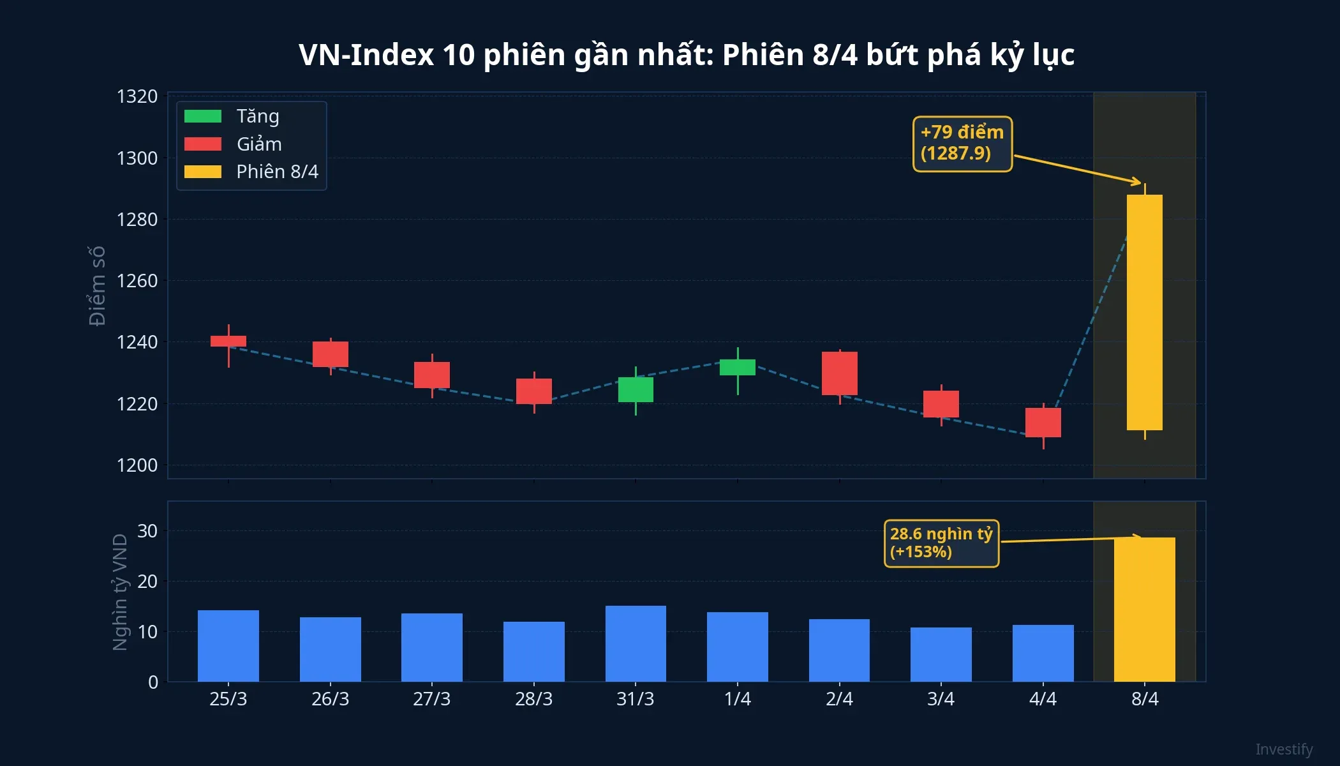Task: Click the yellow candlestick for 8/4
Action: pyautogui.click(x=1144, y=313)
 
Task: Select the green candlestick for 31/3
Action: pyautogui.click(x=636, y=389)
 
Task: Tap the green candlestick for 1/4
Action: pyautogui.click(x=738, y=367)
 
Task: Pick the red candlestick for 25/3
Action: pyautogui.click(x=228, y=341)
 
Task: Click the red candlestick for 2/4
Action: pyautogui.click(x=839, y=373)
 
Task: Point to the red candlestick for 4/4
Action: pyautogui.click(x=1043, y=422)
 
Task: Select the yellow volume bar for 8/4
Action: pyautogui.click(x=1144, y=610)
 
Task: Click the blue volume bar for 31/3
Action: pyautogui.click(x=636, y=643)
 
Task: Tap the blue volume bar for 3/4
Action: pyautogui.click(x=941, y=654)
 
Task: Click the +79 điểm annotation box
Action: pyautogui.click(x=962, y=144)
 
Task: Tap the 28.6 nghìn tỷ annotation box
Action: pyautogui.click(x=941, y=543)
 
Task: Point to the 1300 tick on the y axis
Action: pyautogui.click(x=137, y=158)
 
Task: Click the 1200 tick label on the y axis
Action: pyautogui.click(x=137, y=465)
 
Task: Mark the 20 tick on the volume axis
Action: pyautogui.click(x=147, y=582)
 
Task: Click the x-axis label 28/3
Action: pyautogui.click(x=533, y=699)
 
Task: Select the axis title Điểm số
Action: pyautogui.click(x=97, y=285)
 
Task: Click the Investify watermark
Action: pyautogui.click(x=1284, y=749)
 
